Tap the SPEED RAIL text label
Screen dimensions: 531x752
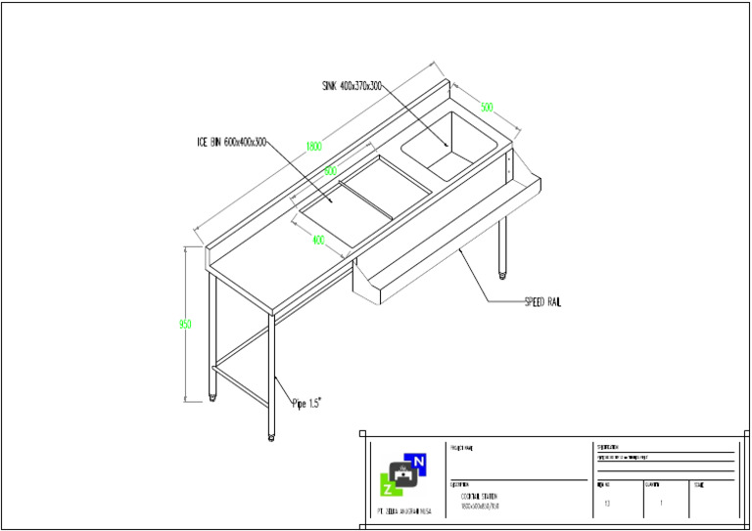tap(542, 302)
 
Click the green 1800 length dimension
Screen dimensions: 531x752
tap(313, 147)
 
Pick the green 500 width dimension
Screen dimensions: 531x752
tap(487, 107)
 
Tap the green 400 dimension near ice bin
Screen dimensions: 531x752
tap(318, 239)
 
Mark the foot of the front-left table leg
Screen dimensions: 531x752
tap(272, 436)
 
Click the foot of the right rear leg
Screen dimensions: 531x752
tap(504, 273)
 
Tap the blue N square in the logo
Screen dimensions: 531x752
tap(419, 462)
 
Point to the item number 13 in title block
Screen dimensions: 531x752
tap(608, 504)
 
